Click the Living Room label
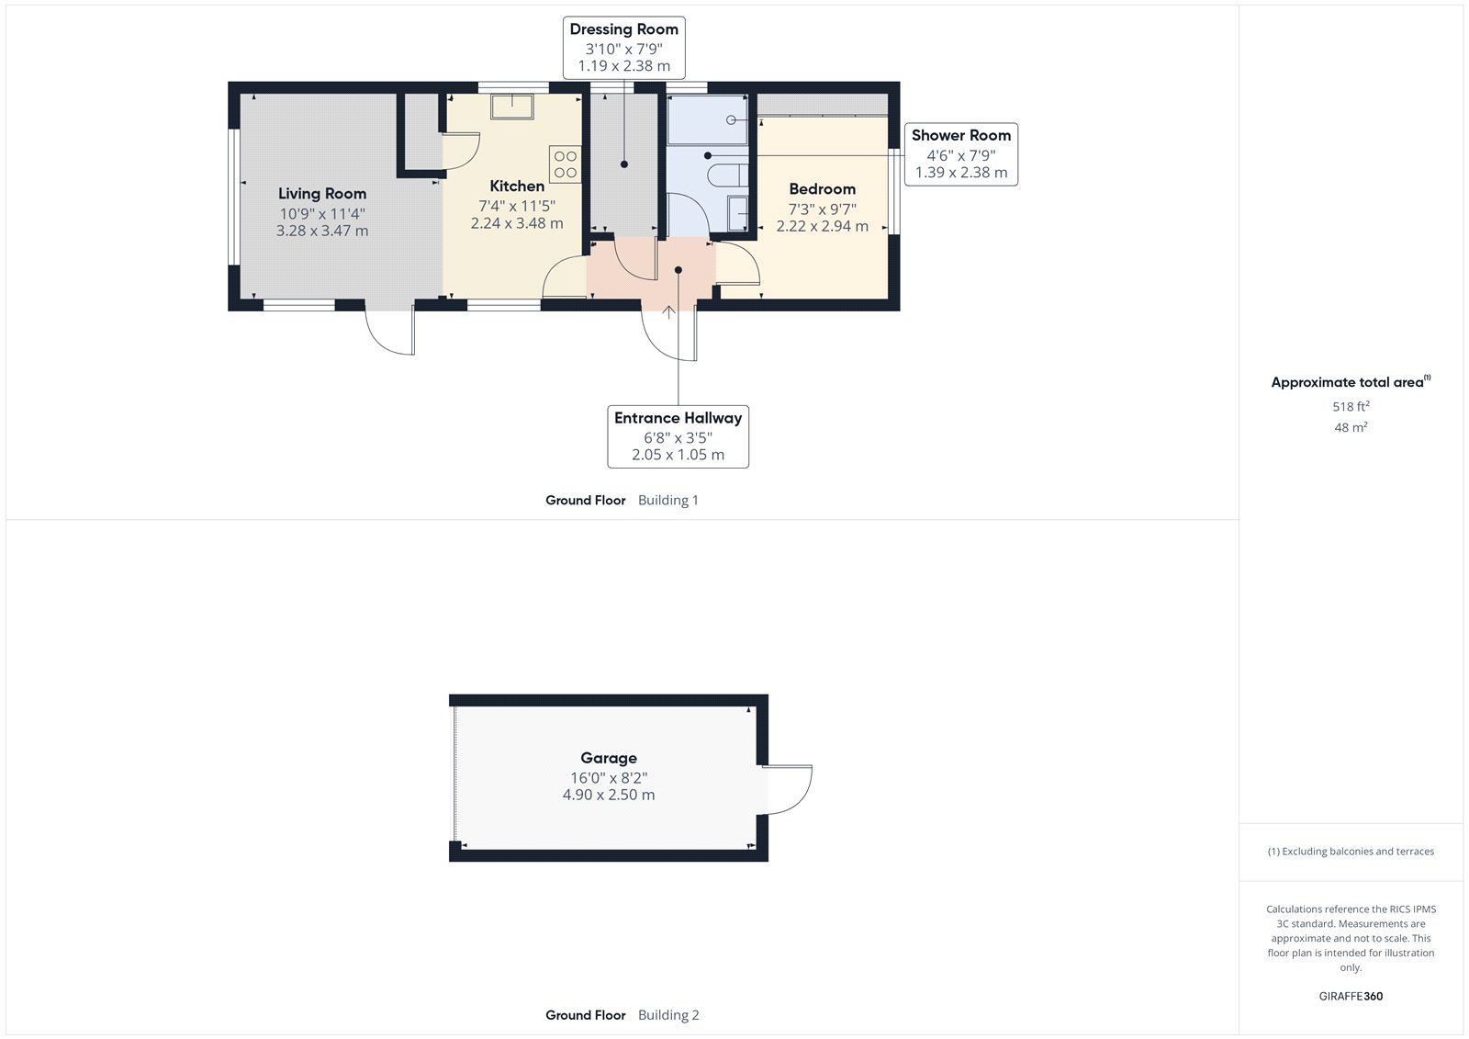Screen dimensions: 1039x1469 tap(322, 194)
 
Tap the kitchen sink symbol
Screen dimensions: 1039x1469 tap(512, 107)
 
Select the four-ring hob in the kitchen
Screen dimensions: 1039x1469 tap(565, 164)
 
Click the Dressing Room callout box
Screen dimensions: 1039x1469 tap(623, 47)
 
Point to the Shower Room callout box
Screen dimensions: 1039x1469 tap(960, 153)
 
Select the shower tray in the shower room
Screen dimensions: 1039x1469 tap(706, 120)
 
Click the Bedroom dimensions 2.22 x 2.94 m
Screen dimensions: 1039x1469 tap(822, 226)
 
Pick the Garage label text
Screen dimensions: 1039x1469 tap(608, 758)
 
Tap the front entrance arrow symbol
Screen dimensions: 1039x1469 tap(668, 312)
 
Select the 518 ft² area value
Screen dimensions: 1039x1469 tap(1350, 406)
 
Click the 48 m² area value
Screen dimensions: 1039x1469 tap(1350, 427)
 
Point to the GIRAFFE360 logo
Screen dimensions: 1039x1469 tap(1350, 996)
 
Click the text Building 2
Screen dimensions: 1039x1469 tap(668, 1015)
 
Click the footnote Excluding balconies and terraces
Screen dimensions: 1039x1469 tap(1350, 852)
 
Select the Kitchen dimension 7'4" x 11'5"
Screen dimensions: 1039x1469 tap(516, 206)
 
